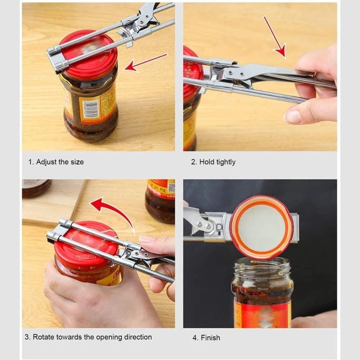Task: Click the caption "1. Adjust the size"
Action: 56,162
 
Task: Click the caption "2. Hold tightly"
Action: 213,162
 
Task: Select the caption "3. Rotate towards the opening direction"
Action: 88,337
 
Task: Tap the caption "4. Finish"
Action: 207,337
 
